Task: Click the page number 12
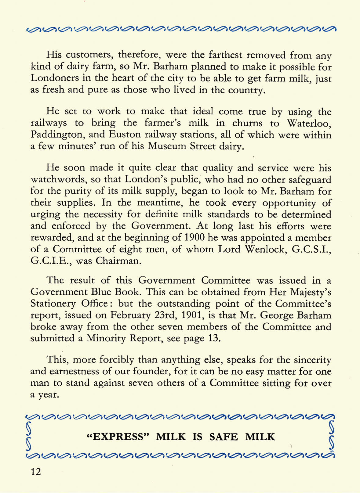click(x=36, y=472)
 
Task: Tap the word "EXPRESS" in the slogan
click(x=118, y=437)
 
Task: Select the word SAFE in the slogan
click(x=224, y=437)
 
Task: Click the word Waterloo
click(x=309, y=123)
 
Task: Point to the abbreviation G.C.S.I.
click(x=311, y=249)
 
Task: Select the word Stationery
click(x=53, y=304)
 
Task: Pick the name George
click(x=274, y=315)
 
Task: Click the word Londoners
click(x=54, y=78)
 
